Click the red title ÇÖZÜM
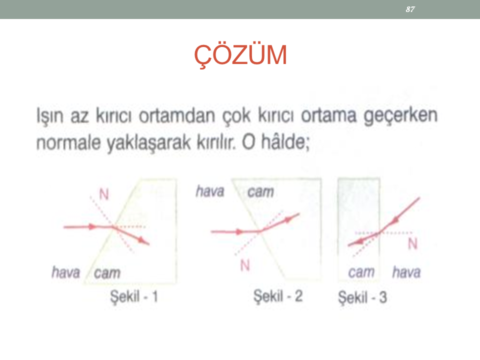pyautogui.click(x=240, y=55)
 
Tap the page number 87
pyautogui.click(x=410, y=9)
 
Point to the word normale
pyautogui.click(x=68, y=142)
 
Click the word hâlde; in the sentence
pyautogui.click(x=285, y=142)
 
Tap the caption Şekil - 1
pyautogui.click(x=134, y=296)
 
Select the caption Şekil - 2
pyautogui.click(x=278, y=296)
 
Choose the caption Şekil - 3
pyautogui.click(x=362, y=297)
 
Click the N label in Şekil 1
pyautogui.click(x=104, y=194)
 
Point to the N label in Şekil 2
pyautogui.click(x=245, y=265)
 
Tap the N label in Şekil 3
pyautogui.click(x=412, y=244)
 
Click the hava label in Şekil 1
pyautogui.click(x=66, y=272)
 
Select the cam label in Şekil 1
pyautogui.click(x=107, y=273)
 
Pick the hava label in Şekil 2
pyautogui.click(x=210, y=191)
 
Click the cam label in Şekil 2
pyautogui.click(x=260, y=192)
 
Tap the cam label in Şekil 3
pyautogui.click(x=361, y=272)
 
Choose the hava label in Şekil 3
pyautogui.click(x=406, y=272)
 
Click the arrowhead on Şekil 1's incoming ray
pyautogui.click(x=92, y=227)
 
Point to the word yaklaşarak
pyautogui.click(x=148, y=143)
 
